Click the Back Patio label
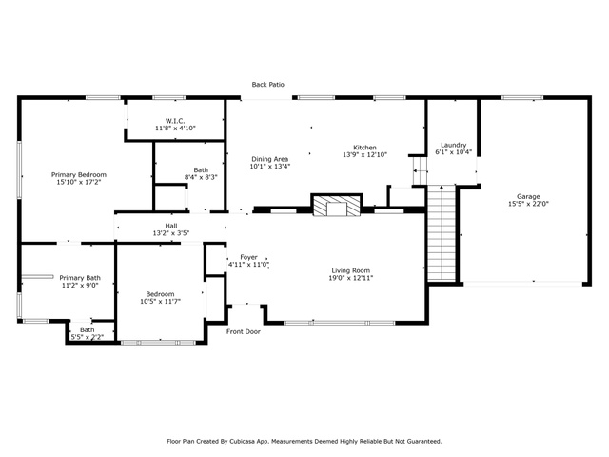click(267, 85)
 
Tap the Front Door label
click(244, 331)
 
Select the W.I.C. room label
click(175, 121)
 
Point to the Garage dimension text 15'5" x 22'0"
click(528, 203)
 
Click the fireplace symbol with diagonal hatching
click(337, 206)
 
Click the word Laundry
click(453, 145)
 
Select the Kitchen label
click(364, 148)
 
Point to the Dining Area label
click(269, 159)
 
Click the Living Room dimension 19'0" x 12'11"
click(351, 278)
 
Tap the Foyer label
click(248, 257)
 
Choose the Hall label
click(171, 226)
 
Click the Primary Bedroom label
click(79, 175)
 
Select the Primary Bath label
click(80, 278)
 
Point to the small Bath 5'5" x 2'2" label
click(87, 333)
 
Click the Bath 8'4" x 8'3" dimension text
click(201, 177)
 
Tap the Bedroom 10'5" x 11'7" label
click(160, 298)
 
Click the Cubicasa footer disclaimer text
click(304, 441)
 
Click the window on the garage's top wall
click(522, 97)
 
